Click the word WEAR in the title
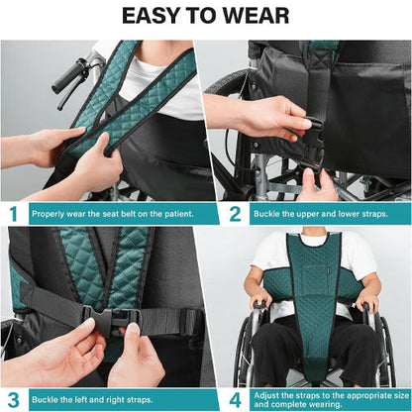click(254, 17)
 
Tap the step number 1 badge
click(13, 213)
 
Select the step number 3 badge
click(13, 398)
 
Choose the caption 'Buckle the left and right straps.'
click(89, 398)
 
